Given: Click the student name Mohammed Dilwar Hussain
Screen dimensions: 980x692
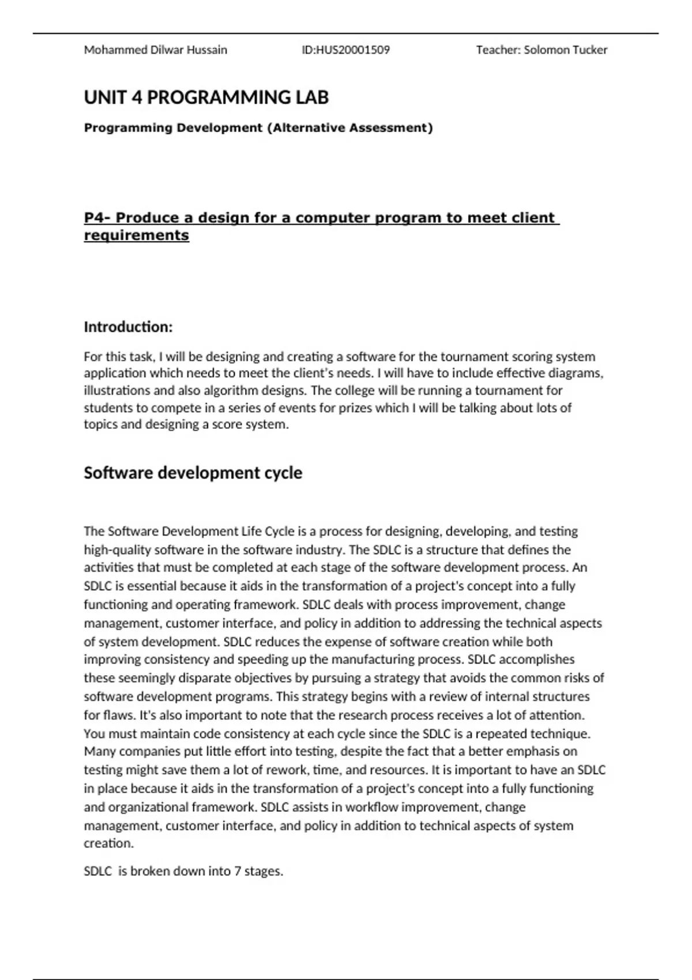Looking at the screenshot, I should (x=155, y=50).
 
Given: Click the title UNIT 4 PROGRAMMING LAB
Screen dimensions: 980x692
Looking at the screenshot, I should (x=206, y=97).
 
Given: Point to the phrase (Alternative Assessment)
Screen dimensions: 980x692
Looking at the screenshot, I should (x=349, y=128).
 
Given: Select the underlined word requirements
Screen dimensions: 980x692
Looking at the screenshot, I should (x=136, y=235).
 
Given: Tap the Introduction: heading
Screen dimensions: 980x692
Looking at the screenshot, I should (x=128, y=327).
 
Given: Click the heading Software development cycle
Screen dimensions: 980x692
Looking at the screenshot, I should (x=193, y=473).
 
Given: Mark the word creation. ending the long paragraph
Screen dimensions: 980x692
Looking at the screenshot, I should (x=108, y=843).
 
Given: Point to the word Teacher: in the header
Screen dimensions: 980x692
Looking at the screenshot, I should (x=498, y=50).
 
